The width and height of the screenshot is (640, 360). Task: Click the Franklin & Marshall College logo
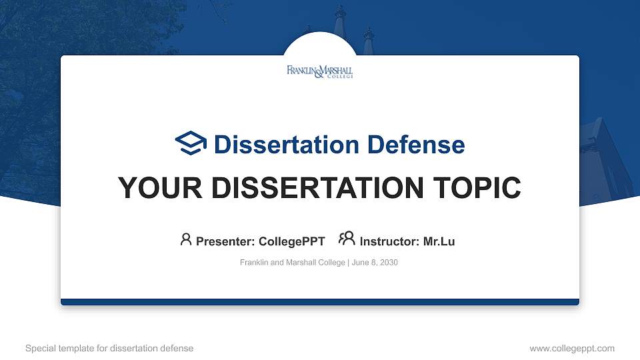(320, 72)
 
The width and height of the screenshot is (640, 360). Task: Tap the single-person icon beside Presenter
(186, 240)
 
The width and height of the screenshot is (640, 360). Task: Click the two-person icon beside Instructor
(347, 239)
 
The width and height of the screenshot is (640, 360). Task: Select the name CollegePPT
(291, 241)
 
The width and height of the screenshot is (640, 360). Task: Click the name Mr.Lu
(439, 241)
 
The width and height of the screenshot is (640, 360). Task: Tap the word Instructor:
(389, 241)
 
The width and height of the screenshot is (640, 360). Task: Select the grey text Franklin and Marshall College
(292, 263)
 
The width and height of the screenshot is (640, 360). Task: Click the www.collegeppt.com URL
(571, 348)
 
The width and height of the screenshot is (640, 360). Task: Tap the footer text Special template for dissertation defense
(109, 348)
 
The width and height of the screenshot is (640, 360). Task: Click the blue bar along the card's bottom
(320, 302)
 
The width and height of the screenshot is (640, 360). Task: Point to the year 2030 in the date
(389, 263)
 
